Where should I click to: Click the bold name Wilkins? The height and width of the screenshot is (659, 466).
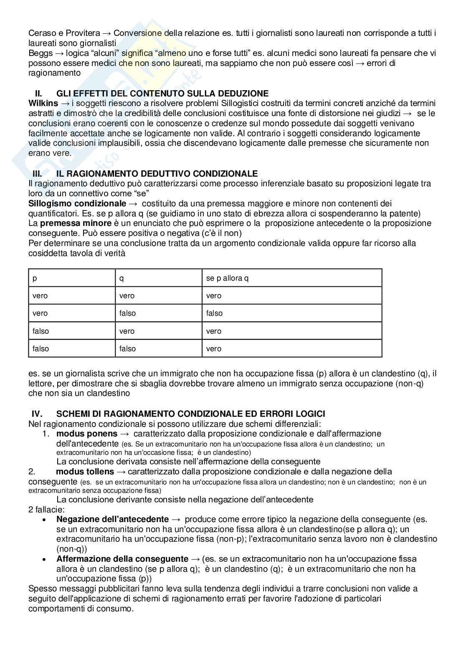pyautogui.click(x=43, y=103)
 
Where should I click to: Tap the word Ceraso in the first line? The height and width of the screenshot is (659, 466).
pyautogui.click(x=41, y=33)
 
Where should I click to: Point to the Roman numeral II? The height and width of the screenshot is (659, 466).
pyautogui.click(x=38, y=94)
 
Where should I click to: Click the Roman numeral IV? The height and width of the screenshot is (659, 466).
pyautogui.click(x=37, y=414)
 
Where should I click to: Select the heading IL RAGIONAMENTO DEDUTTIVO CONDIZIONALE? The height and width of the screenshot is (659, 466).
pyautogui.click(x=157, y=174)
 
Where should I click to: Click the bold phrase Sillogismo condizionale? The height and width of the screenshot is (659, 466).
pyautogui.click(x=77, y=203)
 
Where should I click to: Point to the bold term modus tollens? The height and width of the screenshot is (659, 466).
pyautogui.click(x=85, y=471)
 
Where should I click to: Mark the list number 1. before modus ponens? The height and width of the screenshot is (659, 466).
pyautogui.click(x=46, y=433)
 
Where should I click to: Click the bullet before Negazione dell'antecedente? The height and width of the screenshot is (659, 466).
pyautogui.click(x=44, y=520)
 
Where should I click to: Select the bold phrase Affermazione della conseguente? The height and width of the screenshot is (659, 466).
pyautogui.click(x=122, y=559)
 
